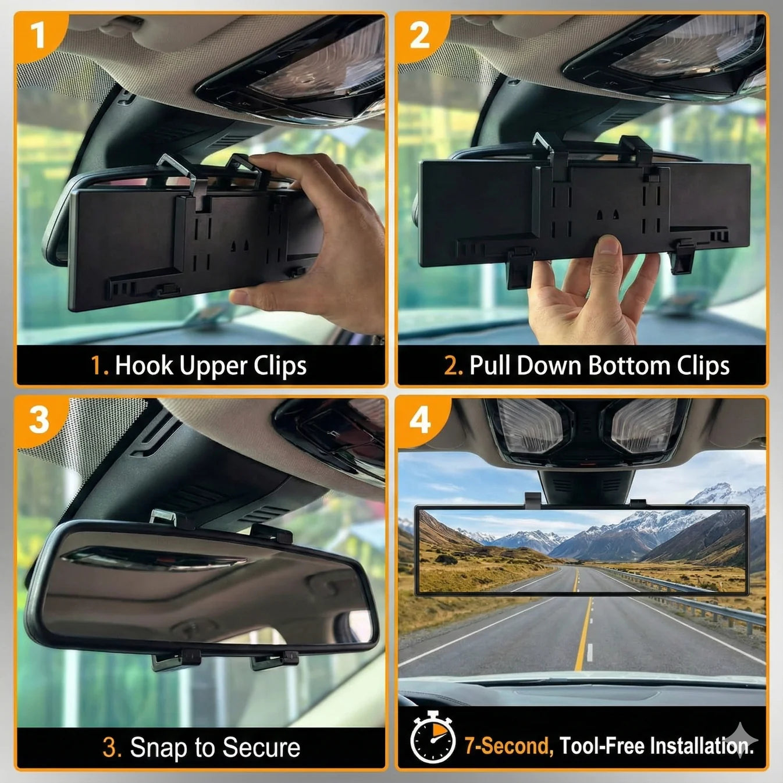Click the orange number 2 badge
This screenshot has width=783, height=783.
(x=419, y=35)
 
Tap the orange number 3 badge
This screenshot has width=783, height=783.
(x=38, y=419)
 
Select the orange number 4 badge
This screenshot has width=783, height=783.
(x=420, y=419)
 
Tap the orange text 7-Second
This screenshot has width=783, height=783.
(x=508, y=745)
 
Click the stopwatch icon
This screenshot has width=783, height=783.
(x=432, y=738)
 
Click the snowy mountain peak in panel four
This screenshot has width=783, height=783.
(x=727, y=494)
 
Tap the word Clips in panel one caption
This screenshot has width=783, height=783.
(x=280, y=366)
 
